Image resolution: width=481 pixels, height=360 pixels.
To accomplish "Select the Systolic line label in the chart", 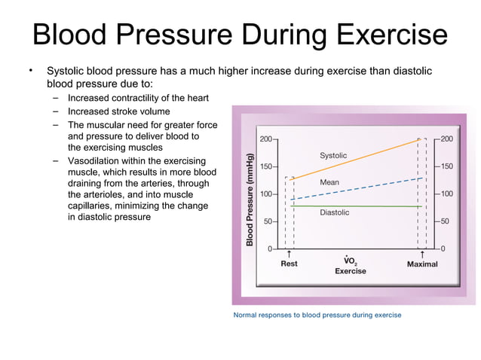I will (x=333, y=155).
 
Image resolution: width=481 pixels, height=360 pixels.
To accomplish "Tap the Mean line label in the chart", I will (x=329, y=182).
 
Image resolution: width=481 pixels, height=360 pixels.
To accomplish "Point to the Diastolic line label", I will (x=335, y=212).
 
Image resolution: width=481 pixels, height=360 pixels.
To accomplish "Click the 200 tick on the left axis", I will (x=266, y=139).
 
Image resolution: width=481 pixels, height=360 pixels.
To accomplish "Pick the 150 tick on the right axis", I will (x=447, y=166).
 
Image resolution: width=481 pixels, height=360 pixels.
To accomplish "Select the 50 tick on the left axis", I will (x=268, y=221).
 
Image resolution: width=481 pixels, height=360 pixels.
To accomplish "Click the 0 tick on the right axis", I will (x=443, y=248).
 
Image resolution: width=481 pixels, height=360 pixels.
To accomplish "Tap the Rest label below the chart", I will (x=289, y=264).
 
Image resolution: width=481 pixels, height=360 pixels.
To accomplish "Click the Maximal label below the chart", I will (x=422, y=264).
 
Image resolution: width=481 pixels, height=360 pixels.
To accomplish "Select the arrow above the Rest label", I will (x=289, y=255).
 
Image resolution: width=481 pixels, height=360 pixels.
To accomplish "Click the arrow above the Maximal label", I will (x=421, y=255).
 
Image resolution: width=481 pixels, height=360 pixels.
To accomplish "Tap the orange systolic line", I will (x=354, y=159).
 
